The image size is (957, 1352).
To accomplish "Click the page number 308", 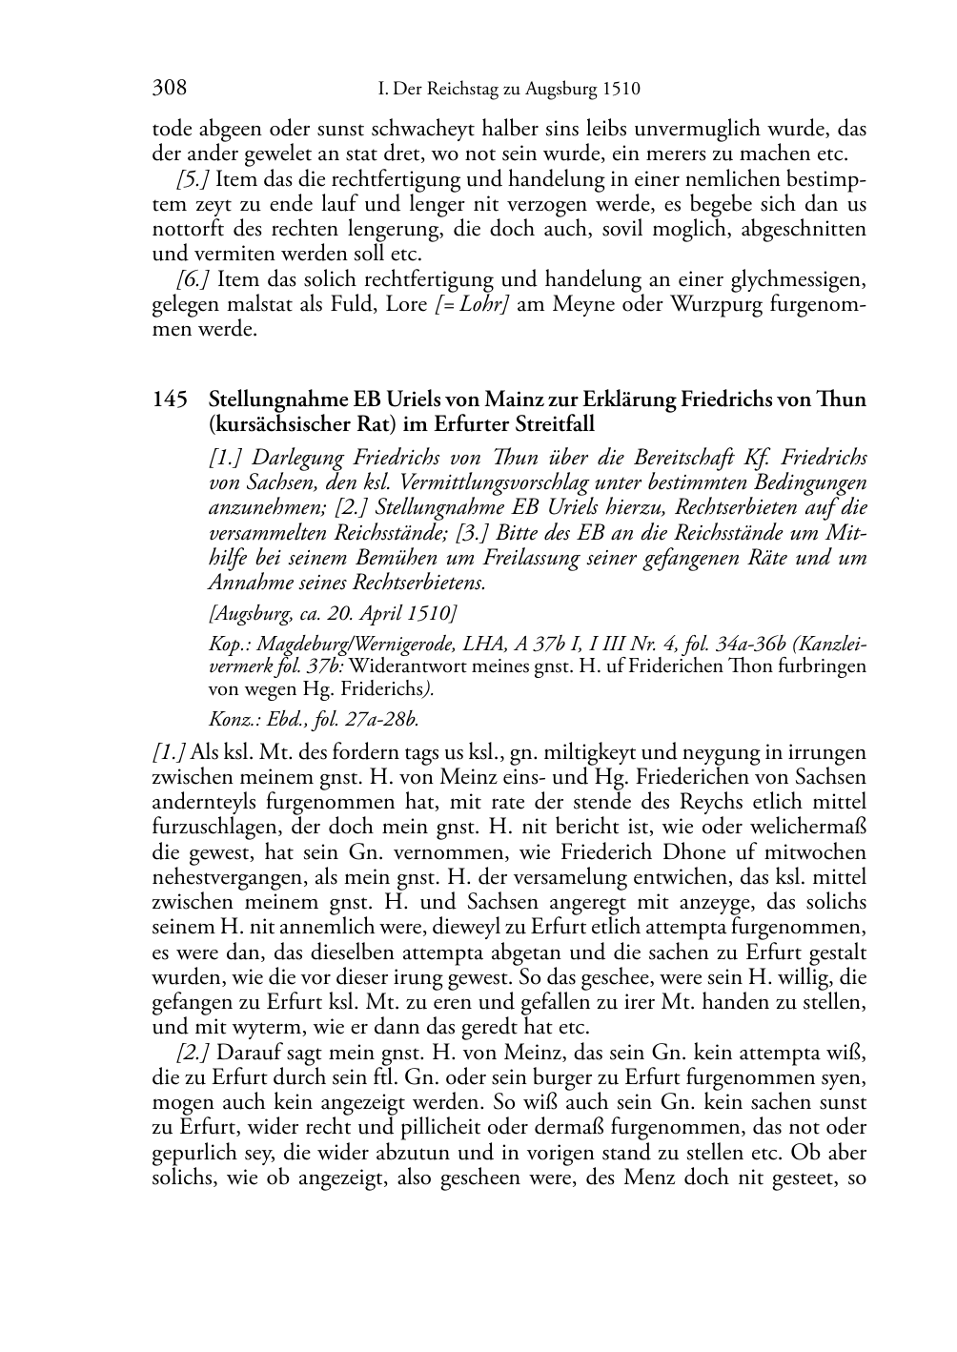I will (169, 89).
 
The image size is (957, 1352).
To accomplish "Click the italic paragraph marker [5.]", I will (193, 179).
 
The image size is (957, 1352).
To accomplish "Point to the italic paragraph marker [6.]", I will (193, 279).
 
